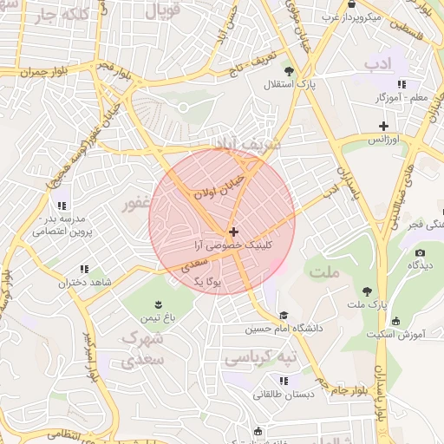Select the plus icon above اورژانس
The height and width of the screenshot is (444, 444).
tap(383, 127)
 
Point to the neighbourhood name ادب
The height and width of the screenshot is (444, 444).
tap(379, 64)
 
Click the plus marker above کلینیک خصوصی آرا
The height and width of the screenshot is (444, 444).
tap(233, 232)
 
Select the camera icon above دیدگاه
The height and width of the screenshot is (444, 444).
tap(420, 253)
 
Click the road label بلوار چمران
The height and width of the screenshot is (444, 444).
tap(43, 70)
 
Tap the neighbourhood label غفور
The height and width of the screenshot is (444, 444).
tap(139, 206)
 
